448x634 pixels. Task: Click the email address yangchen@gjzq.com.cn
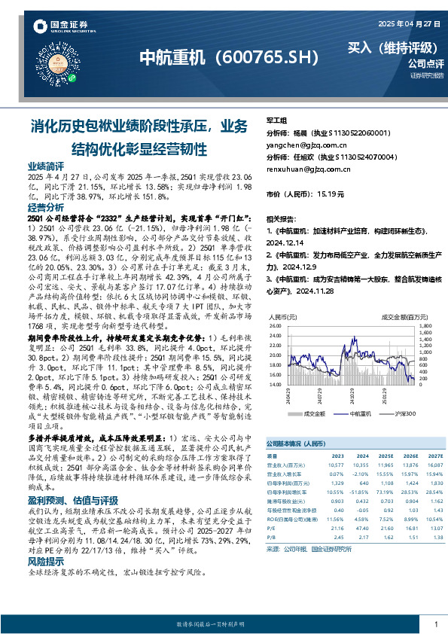306,145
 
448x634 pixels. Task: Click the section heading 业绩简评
46,164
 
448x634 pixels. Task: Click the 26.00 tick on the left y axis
276,325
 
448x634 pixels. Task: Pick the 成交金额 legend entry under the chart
315,414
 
